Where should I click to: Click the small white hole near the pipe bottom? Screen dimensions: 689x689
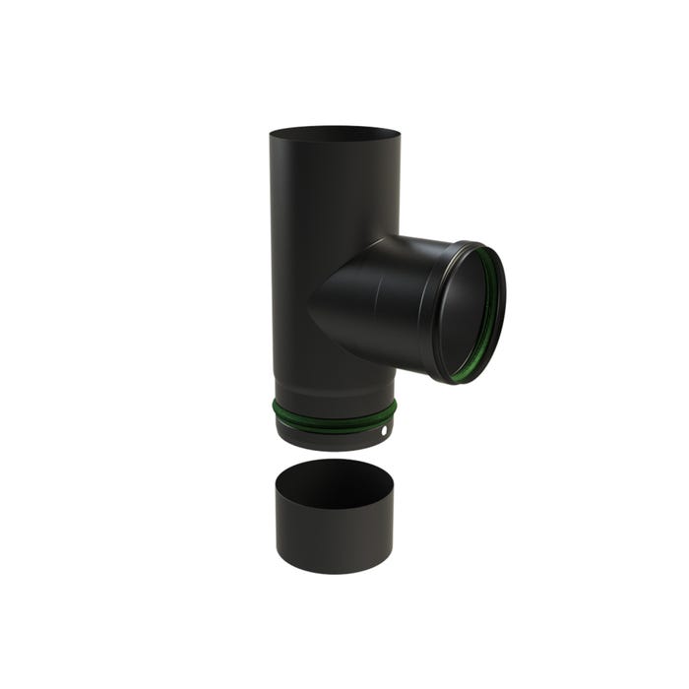[x=383, y=431]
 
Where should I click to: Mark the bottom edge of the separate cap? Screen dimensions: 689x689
[x=335, y=573]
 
